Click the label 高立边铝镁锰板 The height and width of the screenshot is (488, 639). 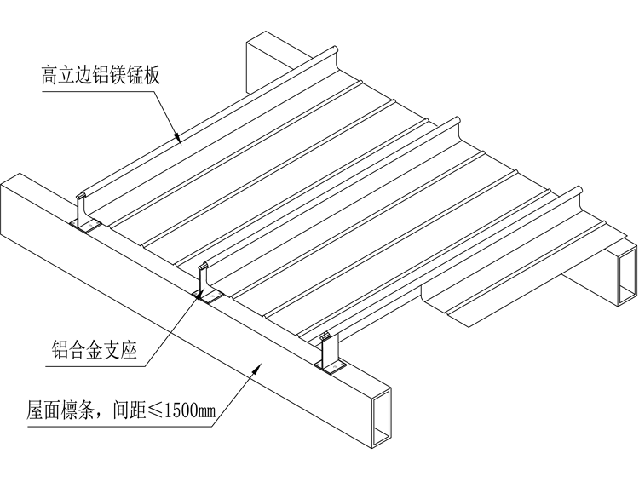tap(101, 75)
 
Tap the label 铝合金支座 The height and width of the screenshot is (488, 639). tap(95, 348)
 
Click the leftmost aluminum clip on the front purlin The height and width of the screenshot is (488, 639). tap(84, 212)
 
